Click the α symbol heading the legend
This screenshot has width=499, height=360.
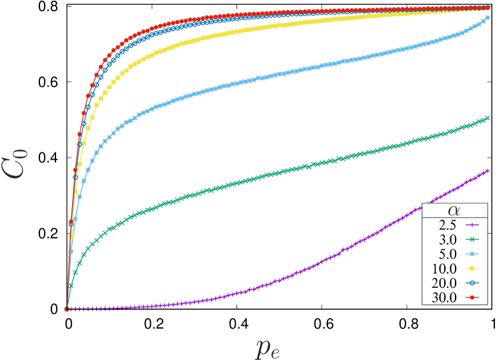click(x=460, y=210)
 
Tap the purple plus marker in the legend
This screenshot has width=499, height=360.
click(x=476, y=225)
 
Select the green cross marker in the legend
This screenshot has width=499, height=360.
click(x=476, y=240)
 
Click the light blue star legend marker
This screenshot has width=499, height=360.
click(x=476, y=254)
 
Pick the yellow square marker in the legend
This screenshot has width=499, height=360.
click(x=476, y=268)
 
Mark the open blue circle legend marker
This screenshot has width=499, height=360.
click(x=476, y=283)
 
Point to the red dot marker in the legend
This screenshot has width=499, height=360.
click(x=476, y=298)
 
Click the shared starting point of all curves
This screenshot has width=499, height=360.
click(x=67, y=309)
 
